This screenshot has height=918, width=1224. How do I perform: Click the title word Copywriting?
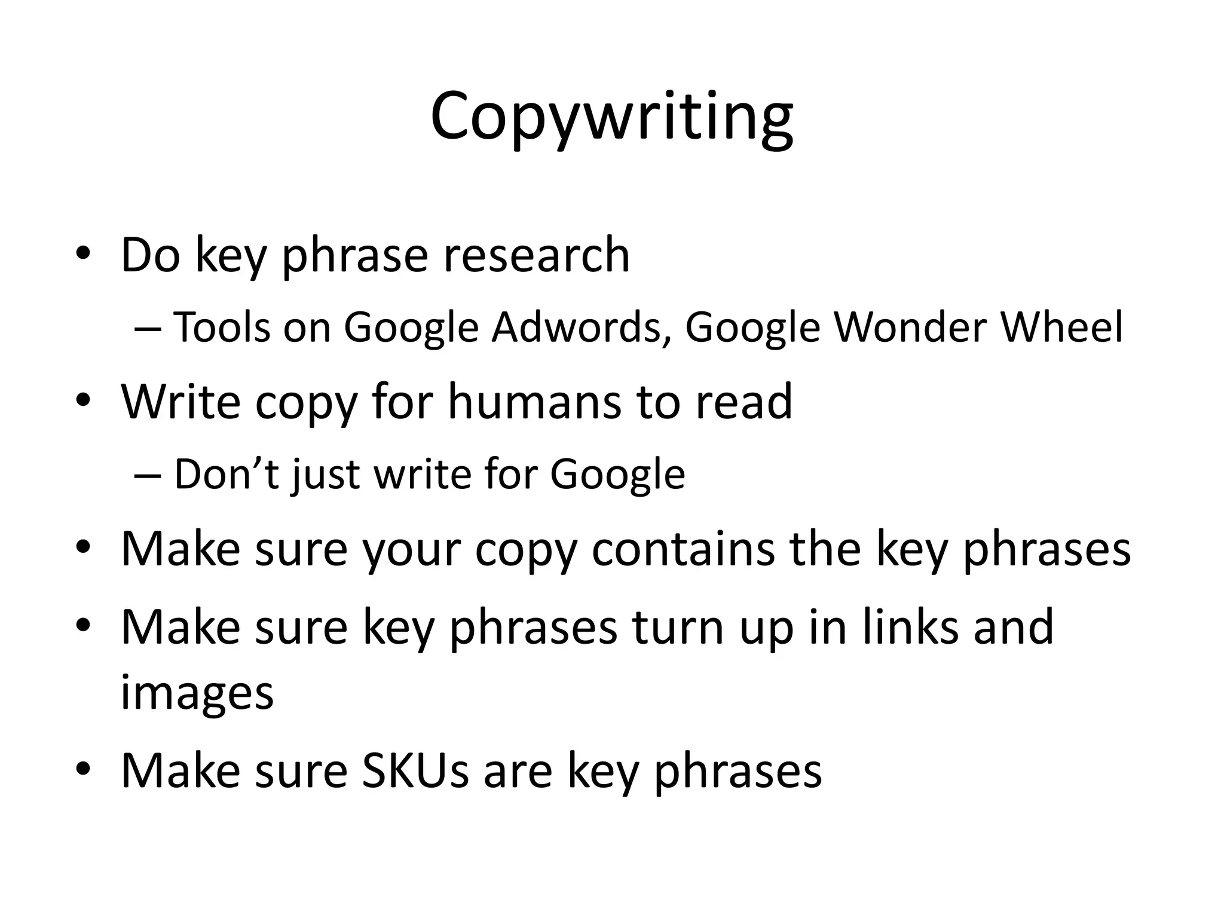[x=611, y=117]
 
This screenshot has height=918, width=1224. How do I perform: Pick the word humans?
[x=534, y=402]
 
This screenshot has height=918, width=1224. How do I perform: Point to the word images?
[x=197, y=693]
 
